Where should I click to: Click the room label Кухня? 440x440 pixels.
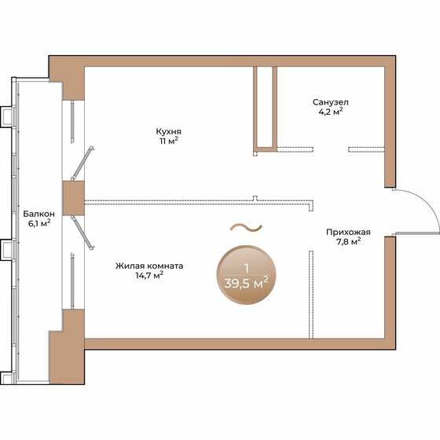coord(170,131)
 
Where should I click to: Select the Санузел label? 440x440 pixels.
coord(330,102)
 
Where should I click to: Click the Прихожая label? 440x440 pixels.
coord(348,232)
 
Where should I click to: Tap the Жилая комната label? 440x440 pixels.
coord(149,266)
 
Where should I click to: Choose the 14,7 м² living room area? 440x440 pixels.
coord(149,277)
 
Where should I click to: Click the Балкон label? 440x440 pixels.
coord(38,214)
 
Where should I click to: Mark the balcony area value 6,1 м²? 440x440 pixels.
coord(38,224)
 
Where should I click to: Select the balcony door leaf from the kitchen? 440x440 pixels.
coord(85,162)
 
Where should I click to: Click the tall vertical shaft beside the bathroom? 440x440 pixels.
coord(264,108)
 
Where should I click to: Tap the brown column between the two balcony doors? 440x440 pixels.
coord(73,198)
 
